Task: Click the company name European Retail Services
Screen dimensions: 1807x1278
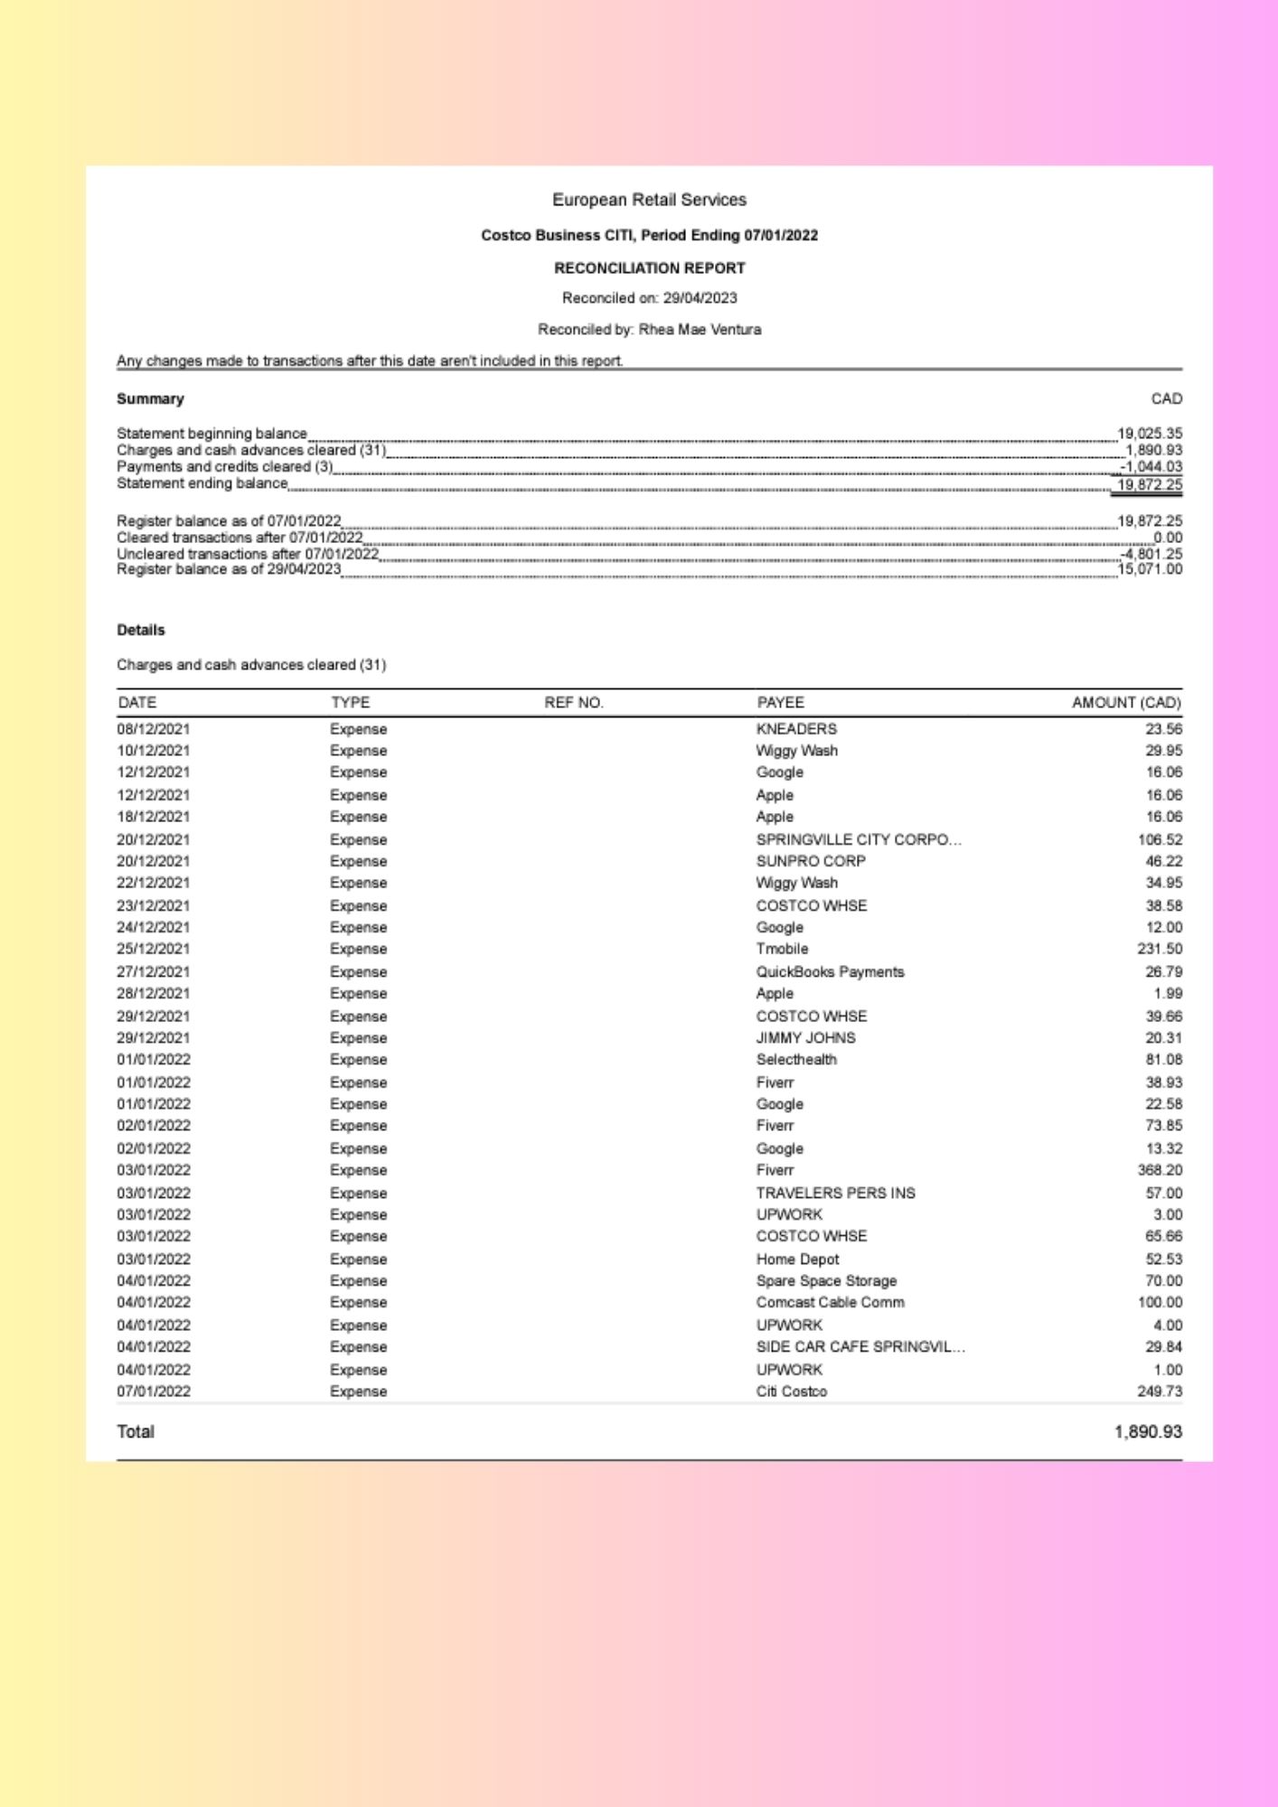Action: click(649, 200)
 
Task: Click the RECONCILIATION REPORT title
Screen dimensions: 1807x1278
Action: click(649, 268)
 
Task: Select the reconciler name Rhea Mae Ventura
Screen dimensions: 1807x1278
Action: click(700, 330)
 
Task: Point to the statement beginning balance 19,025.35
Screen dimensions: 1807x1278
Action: click(1149, 434)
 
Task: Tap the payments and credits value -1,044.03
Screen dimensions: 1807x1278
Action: click(1151, 467)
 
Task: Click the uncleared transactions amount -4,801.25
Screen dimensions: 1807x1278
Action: click(1151, 554)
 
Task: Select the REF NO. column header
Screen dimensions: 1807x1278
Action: click(573, 703)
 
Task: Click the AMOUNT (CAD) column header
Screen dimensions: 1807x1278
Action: click(1126, 703)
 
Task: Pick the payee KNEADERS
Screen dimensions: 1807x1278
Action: click(796, 729)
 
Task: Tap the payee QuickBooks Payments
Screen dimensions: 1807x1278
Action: click(830, 972)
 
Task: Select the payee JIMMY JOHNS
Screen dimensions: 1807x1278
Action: click(805, 1038)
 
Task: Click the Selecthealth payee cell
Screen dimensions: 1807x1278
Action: click(796, 1060)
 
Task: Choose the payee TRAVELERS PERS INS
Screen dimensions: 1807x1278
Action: click(835, 1194)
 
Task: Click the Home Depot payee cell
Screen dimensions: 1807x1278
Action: click(797, 1259)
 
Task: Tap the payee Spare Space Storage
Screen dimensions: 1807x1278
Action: click(826, 1281)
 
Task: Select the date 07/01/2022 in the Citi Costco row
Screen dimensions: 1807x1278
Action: click(154, 1391)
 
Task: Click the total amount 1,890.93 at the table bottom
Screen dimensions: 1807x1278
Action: click(1148, 1432)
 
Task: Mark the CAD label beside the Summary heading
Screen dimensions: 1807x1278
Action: click(1166, 399)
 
